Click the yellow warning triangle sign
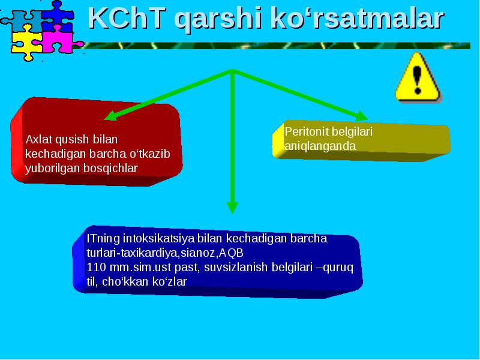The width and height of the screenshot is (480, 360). pos(418,77)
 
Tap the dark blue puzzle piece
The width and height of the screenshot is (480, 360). pos(58,16)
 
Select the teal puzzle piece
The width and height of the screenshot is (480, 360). pos(23,20)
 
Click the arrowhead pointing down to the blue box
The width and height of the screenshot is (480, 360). pos(232,208)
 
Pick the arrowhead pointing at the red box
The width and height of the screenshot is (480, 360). pos(111,116)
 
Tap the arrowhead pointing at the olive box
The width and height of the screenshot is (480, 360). pos(361,116)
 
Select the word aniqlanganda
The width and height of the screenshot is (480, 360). pos(320,146)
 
